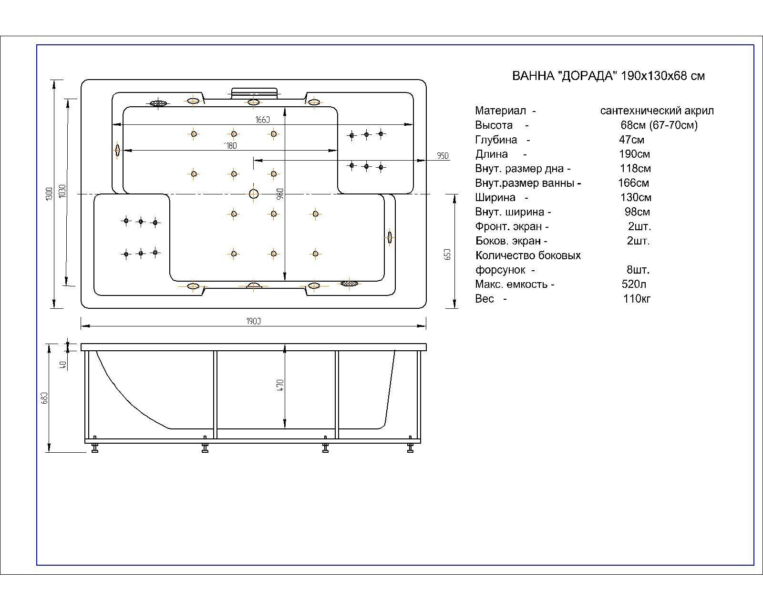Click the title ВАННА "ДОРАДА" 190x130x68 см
tap(608, 76)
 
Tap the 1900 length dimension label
tap(254, 321)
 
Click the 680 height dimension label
tap(44, 398)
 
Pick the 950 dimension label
tap(443, 156)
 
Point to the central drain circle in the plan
tap(254, 193)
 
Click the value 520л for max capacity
tap(634, 285)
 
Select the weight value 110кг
tap(637, 299)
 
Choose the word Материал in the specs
tap(500, 111)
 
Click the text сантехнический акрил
tap(657, 111)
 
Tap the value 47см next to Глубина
tap(631, 140)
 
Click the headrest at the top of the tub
tap(254, 92)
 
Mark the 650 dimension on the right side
tap(447, 254)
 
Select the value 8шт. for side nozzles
tap(638, 270)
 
